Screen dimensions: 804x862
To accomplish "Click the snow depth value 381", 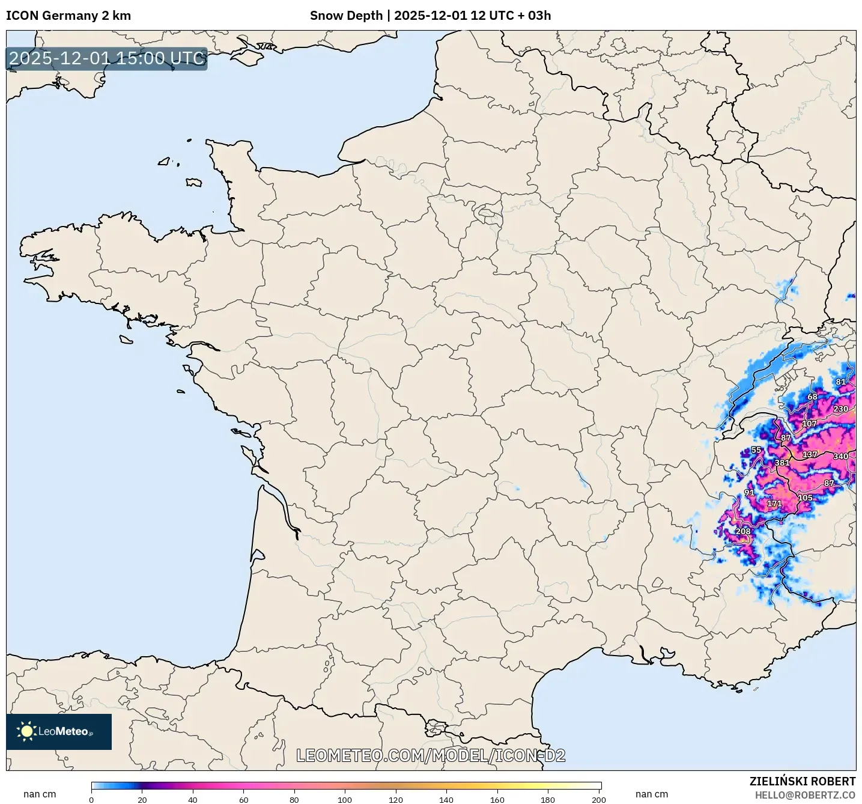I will tap(782, 463).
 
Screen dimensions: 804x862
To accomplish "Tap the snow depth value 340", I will tap(840, 457).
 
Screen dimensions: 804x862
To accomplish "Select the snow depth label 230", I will tap(840, 409).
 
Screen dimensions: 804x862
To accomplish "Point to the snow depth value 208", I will tap(743, 532).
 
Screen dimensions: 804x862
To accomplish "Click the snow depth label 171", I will tap(774, 504).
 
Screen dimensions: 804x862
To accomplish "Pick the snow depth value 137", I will tap(810, 455).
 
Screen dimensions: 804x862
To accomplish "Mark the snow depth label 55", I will tap(756, 450).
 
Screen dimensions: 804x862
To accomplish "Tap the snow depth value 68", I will tap(812, 397).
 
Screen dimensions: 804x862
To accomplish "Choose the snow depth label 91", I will tap(749, 493).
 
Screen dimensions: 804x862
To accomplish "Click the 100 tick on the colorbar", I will tap(345, 799).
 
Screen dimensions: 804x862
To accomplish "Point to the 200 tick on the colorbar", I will tap(598, 799).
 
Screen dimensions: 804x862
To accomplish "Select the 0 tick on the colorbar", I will tap(91, 799).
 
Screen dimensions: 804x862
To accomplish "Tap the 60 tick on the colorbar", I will tap(243, 799).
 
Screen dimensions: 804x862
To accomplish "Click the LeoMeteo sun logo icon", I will tap(26, 731).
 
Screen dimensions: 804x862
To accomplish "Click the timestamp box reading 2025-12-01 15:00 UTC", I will tap(107, 59).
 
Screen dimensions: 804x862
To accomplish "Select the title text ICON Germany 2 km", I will tap(68, 16).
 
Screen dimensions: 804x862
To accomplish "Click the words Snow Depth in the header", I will tap(346, 16).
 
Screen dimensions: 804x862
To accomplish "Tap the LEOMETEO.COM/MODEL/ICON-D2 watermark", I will tap(431, 755).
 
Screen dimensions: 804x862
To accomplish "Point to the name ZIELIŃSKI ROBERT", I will tap(802, 781).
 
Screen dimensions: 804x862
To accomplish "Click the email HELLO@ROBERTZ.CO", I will tap(805, 795).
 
